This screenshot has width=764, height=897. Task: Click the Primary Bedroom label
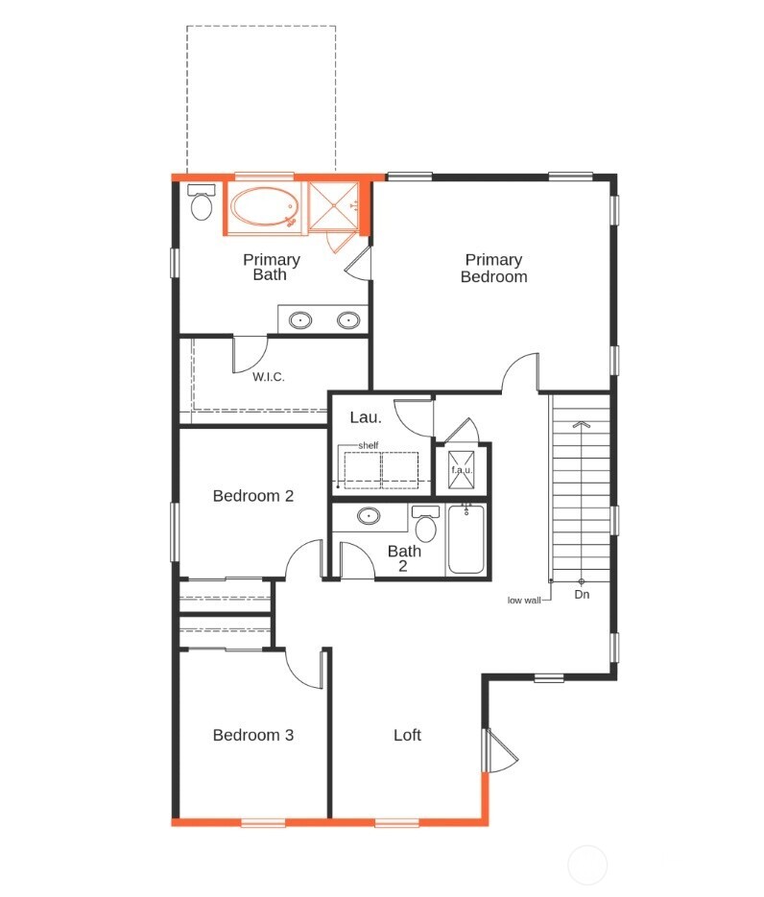pos(493,268)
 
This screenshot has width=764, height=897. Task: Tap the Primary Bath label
pos(271,267)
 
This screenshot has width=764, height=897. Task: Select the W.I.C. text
pos(269,377)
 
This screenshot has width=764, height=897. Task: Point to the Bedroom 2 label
pos(252,496)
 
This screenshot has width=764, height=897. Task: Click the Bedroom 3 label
pos(252,735)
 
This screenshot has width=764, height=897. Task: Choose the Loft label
pos(407,735)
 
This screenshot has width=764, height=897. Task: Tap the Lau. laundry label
pos(366,417)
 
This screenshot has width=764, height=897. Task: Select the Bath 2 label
pos(404,558)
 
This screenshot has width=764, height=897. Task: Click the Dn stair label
pos(582,595)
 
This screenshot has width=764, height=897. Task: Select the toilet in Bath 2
pos(426,525)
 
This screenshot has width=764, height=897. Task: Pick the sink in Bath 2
pos(370,516)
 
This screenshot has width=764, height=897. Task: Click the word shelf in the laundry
pos(369,446)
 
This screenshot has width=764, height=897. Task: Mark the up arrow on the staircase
pos(580,423)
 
